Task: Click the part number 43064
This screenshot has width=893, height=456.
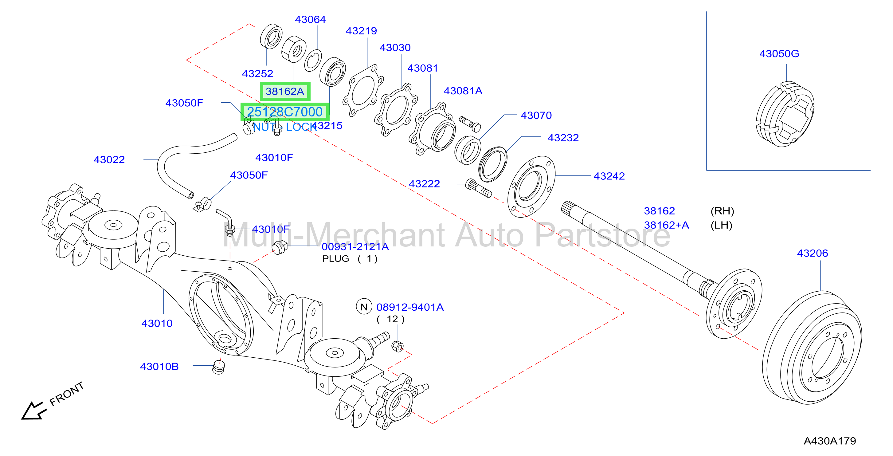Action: (x=310, y=19)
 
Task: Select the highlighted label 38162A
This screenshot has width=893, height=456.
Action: (x=285, y=92)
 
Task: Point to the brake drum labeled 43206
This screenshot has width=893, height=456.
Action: (x=812, y=348)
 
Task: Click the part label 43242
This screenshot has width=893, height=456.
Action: (x=609, y=176)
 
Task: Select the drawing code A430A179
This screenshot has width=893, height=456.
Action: (x=829, y=441)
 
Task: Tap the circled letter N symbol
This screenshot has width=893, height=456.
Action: (x=364, y=307)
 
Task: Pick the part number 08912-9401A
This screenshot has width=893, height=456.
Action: (x=410, y=307)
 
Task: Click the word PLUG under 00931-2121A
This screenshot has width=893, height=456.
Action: (x=335, y=259)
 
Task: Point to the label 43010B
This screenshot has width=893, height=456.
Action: (x=159, y=367)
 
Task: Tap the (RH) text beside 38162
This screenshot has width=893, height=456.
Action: (x=722, y=211)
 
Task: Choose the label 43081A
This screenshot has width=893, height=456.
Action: (x=463, y=91)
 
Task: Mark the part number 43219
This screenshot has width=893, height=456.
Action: (x=361, y=31)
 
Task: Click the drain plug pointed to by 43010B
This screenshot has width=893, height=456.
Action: (x=218, y=367)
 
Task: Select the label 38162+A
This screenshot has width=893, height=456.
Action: (x=666, y=225)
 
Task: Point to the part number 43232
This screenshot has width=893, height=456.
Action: (x=563, y=138)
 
